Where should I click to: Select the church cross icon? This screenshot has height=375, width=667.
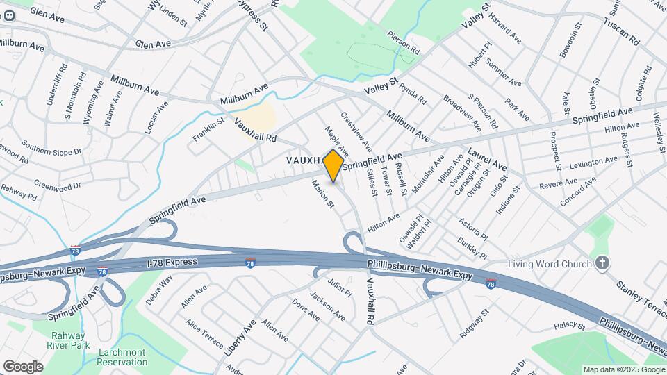(602, 263)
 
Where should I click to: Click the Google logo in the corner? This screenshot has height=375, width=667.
(22, 366)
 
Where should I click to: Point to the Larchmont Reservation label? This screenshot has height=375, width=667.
(122, 357)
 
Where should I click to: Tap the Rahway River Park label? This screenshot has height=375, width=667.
(67, 340)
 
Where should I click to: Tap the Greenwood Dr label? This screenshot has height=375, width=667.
(58, 186)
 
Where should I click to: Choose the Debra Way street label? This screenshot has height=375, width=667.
(159, 290)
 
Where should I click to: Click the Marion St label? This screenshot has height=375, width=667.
(324, 194)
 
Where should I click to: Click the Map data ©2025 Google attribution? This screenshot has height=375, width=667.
(623, 369)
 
